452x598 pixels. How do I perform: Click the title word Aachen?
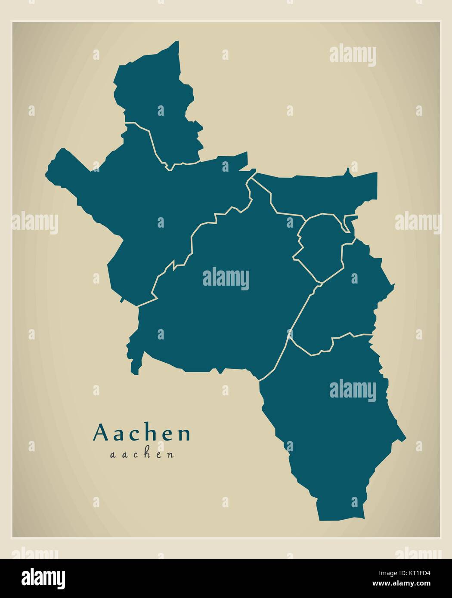pos(142,434)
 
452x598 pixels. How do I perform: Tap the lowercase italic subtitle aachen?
pos(142,454)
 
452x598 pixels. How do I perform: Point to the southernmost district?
pos(331,430)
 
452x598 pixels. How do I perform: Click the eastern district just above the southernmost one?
pos(344,301)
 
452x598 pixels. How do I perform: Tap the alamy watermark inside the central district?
pos(226,277)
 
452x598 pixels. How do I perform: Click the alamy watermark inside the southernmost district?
pos(353,389)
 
